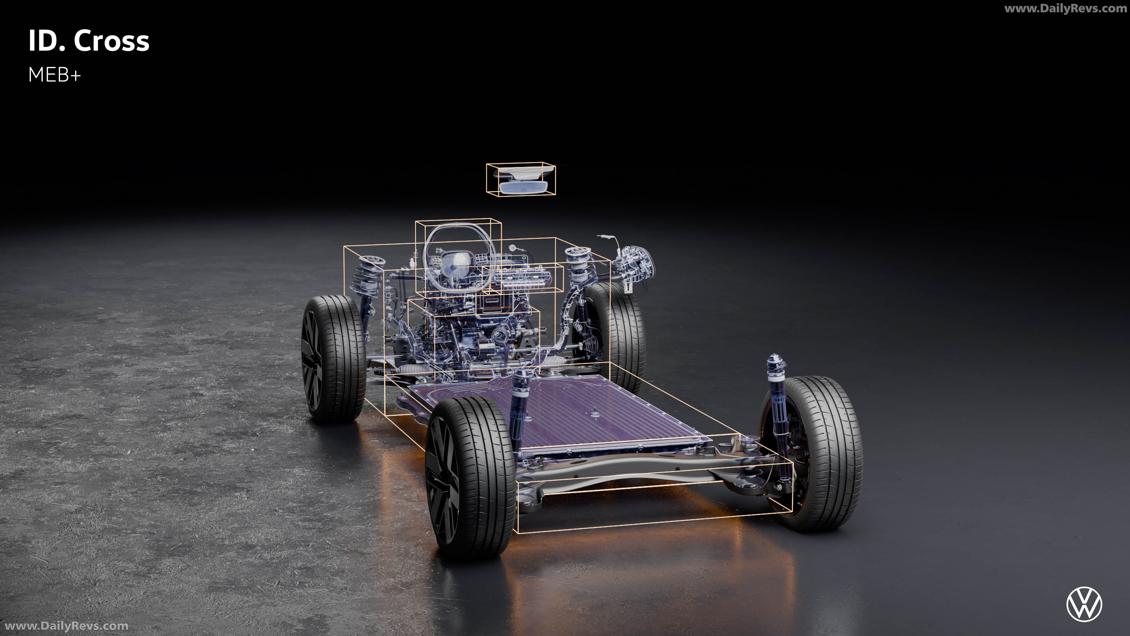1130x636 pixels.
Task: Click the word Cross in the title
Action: pyautogui.click(x=112, y=41)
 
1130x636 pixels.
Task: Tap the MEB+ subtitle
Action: pyautogui.click(x=55, y=75)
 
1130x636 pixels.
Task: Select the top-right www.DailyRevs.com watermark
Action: pyautogui.click(x=1065, y=8)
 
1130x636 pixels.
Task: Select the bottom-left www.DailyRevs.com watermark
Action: pyautogui.click(x=66, y=626)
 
